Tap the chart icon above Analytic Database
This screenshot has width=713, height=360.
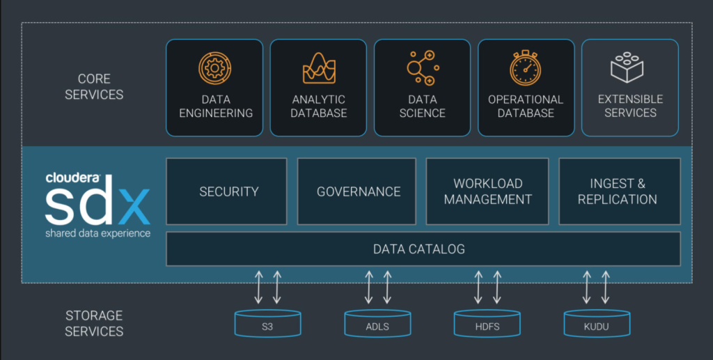(319, 68)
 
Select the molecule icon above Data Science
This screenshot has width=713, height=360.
(422, 68)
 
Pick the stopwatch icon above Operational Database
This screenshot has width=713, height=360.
(526, 68)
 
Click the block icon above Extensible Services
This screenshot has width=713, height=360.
(629, 68)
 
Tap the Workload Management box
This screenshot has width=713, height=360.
(487, 191)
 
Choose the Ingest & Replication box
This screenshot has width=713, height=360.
(618, 191)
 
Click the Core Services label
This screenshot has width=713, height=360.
(94, 86)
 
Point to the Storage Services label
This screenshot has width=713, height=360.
(94, 324)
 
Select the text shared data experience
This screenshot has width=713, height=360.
(97, 233)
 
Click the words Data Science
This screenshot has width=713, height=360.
(422, 106)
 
